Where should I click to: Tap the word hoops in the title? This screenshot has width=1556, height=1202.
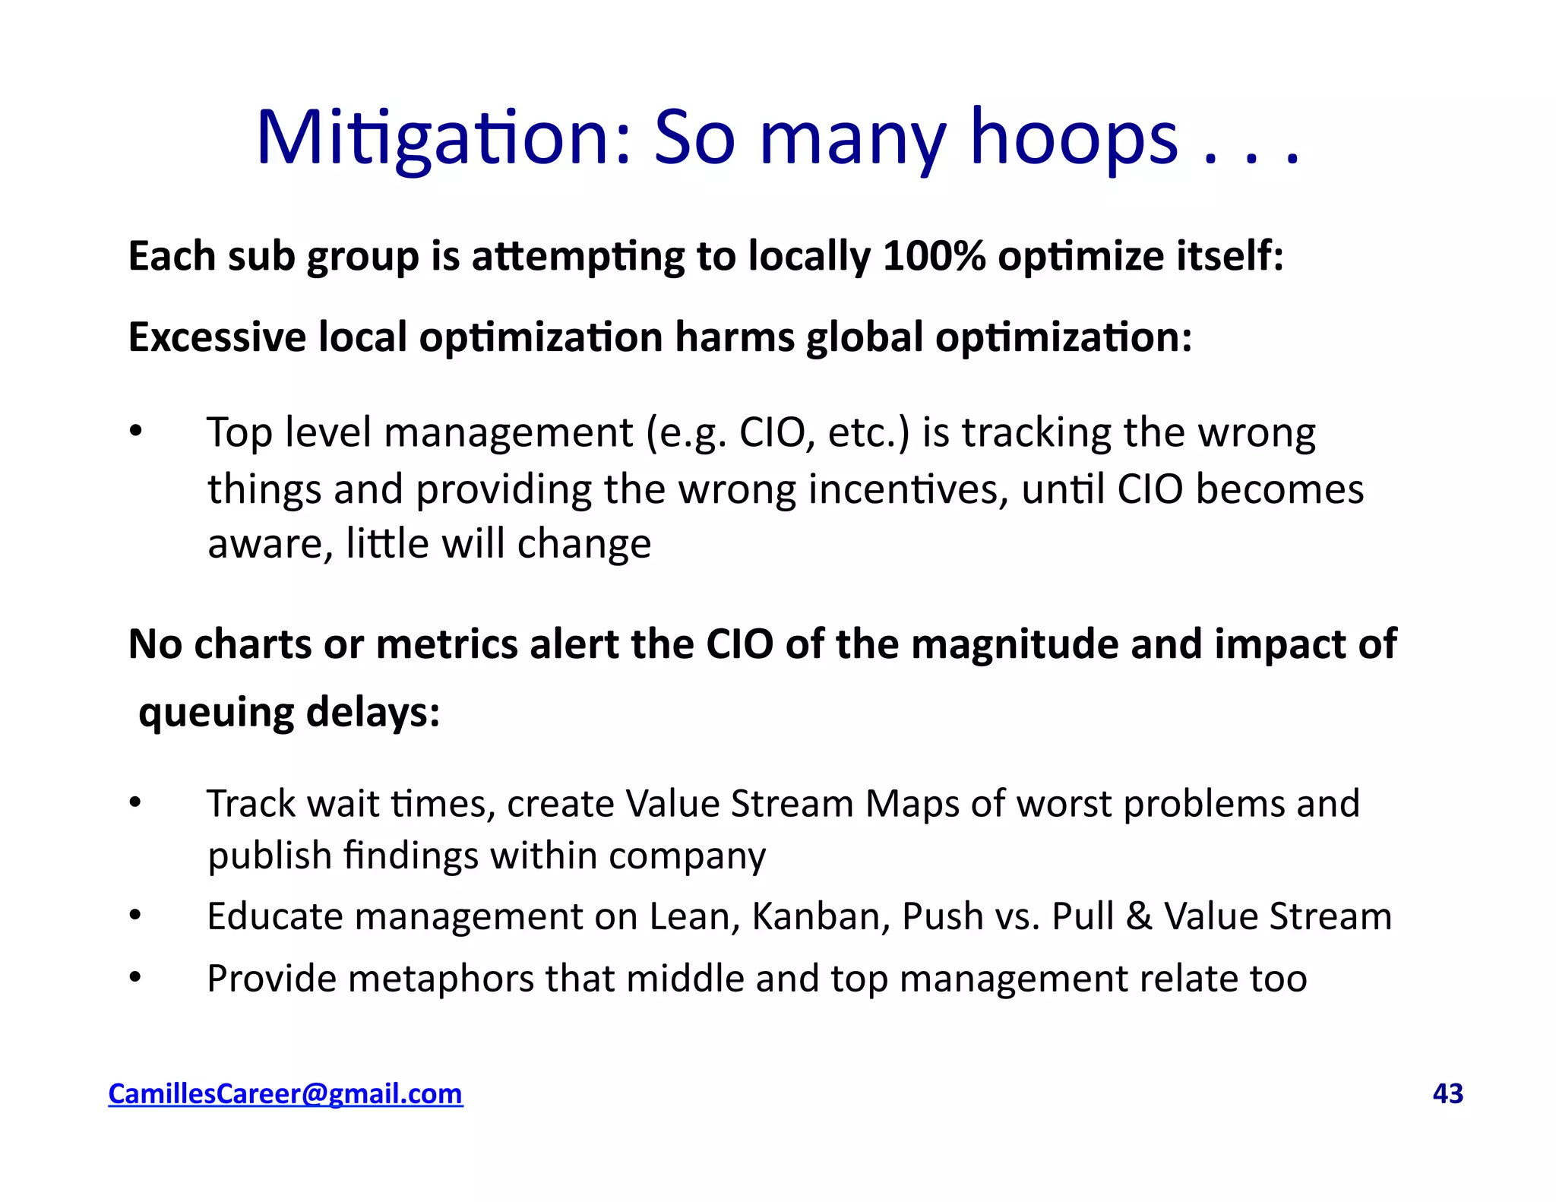(x=1074, y=138)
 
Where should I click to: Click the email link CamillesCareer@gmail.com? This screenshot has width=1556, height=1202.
(x=285, y=1093)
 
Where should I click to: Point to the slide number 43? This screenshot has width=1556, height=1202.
(x=1447, y=1093)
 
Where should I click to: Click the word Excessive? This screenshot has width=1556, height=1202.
(x=217, y=337)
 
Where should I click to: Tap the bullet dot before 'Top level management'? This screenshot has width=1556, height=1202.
(x=135, y=432)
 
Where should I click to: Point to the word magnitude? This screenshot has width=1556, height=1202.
(x=1014, y=645)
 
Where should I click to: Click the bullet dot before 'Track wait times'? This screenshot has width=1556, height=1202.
(x=135, y=803)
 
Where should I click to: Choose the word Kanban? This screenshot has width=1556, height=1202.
(x=821, y=916)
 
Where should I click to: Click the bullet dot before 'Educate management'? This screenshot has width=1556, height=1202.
(x=135, y=916)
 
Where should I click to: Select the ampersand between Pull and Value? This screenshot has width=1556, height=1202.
(x=1138, y=916)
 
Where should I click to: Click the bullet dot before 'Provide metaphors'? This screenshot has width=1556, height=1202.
(x=135, y=979)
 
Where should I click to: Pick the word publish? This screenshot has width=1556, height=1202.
(x=269, y=857)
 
